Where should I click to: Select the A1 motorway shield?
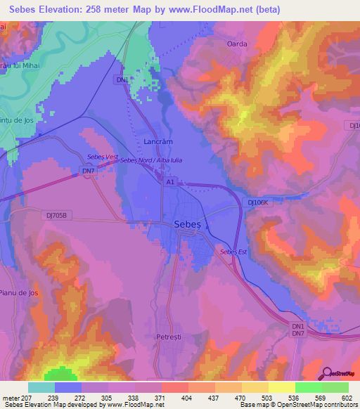point(170,182)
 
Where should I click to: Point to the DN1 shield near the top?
point(122,80)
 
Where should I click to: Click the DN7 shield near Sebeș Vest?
point(87,171)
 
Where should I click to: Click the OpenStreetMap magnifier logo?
point(326,372)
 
